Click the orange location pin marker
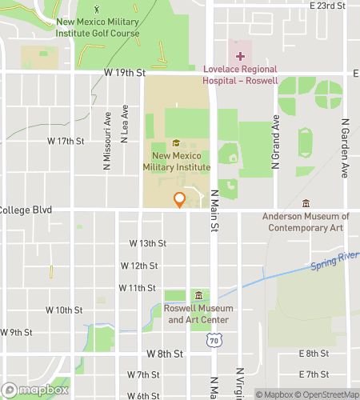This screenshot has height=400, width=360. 180,200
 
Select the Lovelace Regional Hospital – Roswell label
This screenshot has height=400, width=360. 240,75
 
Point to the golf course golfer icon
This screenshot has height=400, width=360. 98,9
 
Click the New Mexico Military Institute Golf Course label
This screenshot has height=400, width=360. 98,27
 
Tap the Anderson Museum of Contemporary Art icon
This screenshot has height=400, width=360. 306,203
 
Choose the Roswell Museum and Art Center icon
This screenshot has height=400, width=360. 199,296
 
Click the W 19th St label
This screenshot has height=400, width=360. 125,72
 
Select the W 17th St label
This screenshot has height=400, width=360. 66,141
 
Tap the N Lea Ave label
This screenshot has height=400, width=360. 125,123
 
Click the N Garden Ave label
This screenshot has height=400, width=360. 346,148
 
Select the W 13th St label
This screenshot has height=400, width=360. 148,243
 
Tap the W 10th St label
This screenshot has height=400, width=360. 64,310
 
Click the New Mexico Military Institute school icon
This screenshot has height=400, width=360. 175,144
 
